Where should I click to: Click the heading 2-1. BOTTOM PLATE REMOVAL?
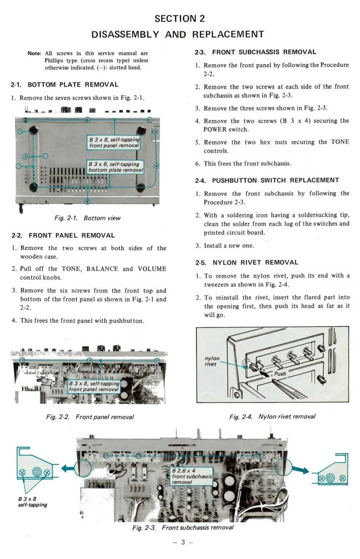click(x=65, y=85)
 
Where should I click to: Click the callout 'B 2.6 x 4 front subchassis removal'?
click(x=191, y=476)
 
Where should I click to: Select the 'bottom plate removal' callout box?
click(x=115, y=166)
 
